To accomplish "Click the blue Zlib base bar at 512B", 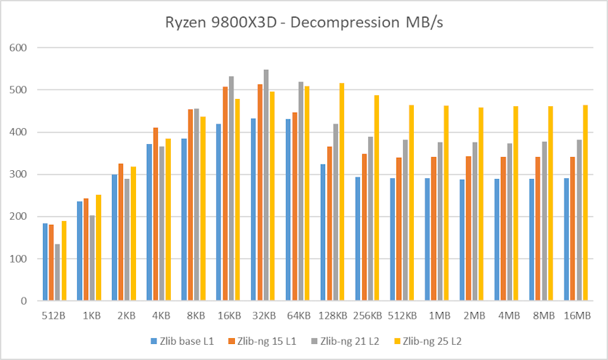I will (45, 262).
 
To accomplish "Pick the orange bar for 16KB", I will (225, 193).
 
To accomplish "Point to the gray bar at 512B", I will (57, 272).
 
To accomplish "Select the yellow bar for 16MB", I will (585, 203).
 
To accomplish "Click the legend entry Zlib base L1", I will (182, 340).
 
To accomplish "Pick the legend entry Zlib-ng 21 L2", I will (343, 340).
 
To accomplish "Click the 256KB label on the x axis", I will (367, 317).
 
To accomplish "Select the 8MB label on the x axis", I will (542, 317).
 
